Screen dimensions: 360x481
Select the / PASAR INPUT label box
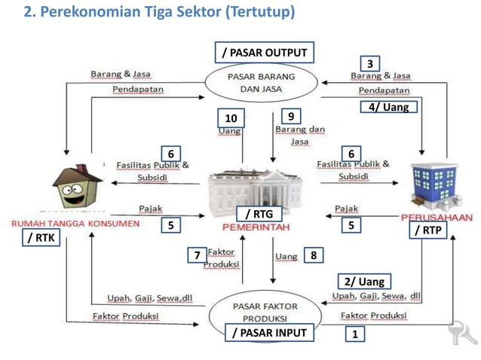269,332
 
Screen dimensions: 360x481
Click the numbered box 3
369,63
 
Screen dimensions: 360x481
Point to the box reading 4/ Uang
388,107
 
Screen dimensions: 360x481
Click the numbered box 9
290,116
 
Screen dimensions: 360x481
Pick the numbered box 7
196,257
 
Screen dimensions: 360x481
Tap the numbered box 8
313,256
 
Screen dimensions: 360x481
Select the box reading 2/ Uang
364,282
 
